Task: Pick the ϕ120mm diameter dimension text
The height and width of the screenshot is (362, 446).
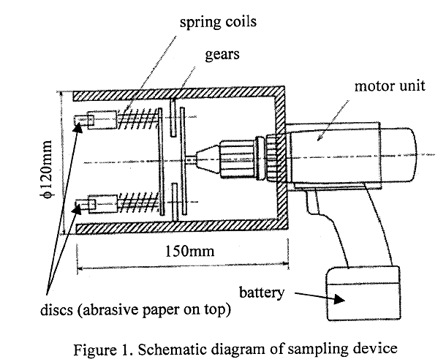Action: [x=47, y=168]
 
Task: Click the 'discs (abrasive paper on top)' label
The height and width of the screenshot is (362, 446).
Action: [x=119, y=310]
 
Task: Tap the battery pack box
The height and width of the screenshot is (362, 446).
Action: [x=363, y=293]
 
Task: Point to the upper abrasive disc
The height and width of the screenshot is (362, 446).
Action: [x=80, y=118]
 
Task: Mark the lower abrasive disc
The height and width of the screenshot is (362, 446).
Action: [x=80, y=203]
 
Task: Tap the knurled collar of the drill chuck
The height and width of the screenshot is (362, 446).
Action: [x=273, y=157]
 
